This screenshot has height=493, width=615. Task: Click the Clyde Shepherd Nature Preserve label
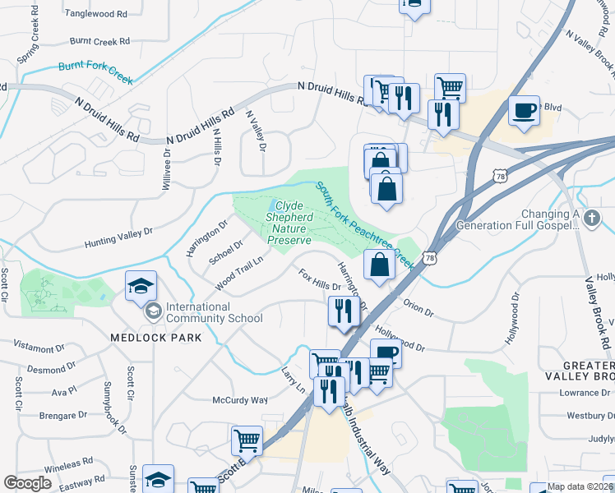coord(288,223)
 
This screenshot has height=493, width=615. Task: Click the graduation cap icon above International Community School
coord(141,286)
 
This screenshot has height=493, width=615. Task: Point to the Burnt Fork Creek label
coord(95,73)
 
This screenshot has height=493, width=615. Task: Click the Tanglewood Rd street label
coord(97,14)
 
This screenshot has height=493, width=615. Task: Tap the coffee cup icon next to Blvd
coord(524,110)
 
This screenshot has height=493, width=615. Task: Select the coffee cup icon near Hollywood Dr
coord(386,353)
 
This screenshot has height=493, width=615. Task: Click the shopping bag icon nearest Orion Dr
coord(378,265)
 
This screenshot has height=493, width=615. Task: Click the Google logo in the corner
coord(27,483)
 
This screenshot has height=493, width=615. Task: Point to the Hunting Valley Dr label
coord(118,238)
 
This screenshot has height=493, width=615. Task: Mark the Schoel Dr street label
coord(226,251)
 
